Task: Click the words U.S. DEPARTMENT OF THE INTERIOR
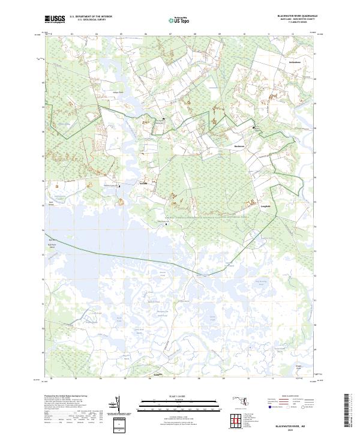coord(95,17)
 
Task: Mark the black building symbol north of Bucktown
coord(254,128)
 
